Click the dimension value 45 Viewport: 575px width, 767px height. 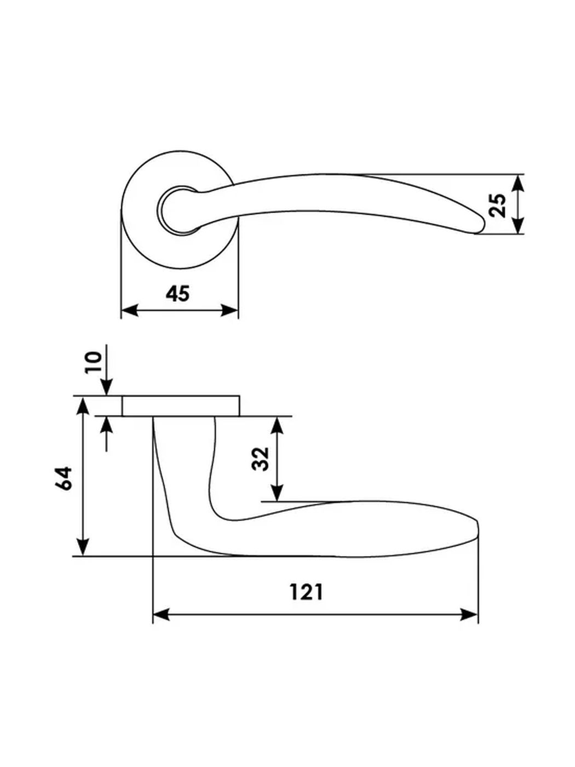[x=177, y=294]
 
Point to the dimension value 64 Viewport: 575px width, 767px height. [x=63, y=478]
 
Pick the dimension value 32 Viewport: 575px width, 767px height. [x=261, y=459]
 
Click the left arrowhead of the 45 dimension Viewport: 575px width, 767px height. [x=129, y=310]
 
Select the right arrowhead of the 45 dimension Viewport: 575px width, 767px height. [x=229, y=310]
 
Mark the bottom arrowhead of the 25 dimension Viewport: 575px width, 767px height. [x=519, y=225]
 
